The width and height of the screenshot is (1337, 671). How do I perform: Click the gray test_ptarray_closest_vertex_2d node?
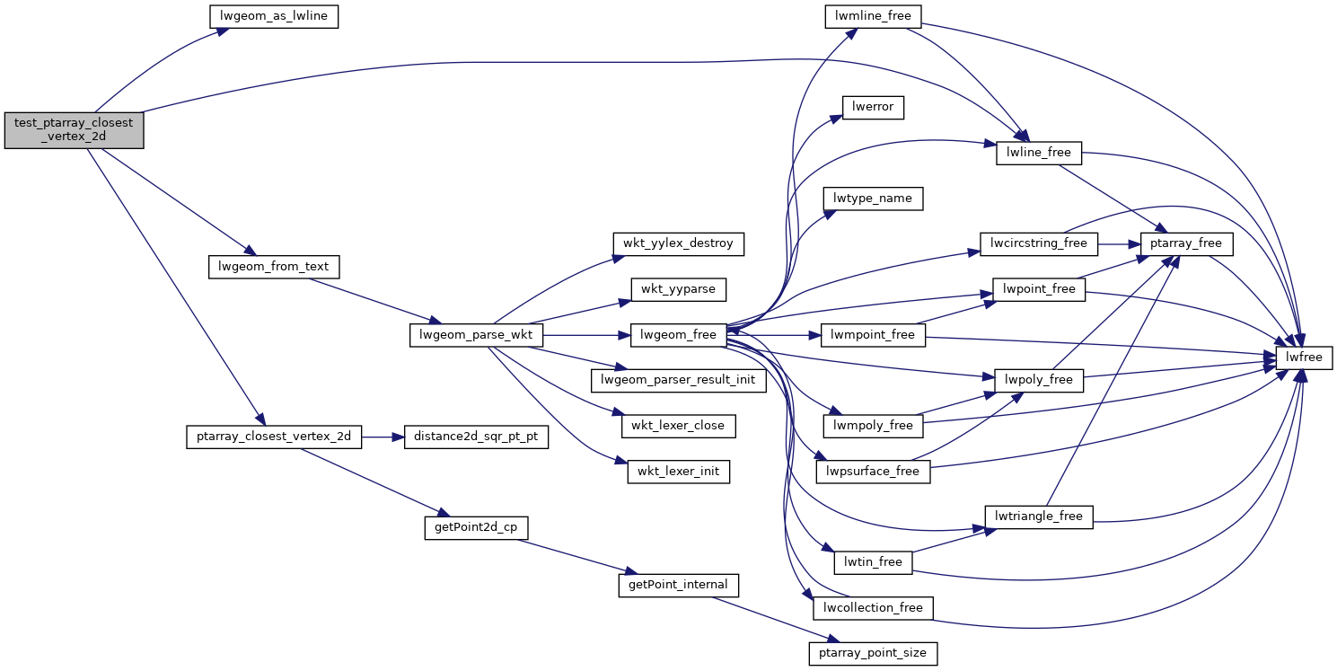pos(74,130)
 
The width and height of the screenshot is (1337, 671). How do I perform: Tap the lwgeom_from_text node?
pos(273,267)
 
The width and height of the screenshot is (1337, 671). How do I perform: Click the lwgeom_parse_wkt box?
pos(476,335)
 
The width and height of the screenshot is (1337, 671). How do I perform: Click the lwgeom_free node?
pos(679,335)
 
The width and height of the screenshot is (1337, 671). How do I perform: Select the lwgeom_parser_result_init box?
pos(678,380)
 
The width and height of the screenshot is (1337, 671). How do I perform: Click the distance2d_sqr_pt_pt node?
pos(476,437)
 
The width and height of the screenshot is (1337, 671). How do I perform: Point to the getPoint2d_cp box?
pos(475,528)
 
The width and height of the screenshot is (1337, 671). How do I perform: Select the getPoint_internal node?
pos(678,586)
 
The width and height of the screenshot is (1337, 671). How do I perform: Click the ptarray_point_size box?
pos(873,653)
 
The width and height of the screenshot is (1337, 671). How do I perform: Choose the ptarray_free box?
pos(1186,243)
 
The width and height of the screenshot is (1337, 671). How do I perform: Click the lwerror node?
pos(873,107)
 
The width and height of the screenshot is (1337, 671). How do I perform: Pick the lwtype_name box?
pos(873,198)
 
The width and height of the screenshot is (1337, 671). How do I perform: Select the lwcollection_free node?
pos(873,607)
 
